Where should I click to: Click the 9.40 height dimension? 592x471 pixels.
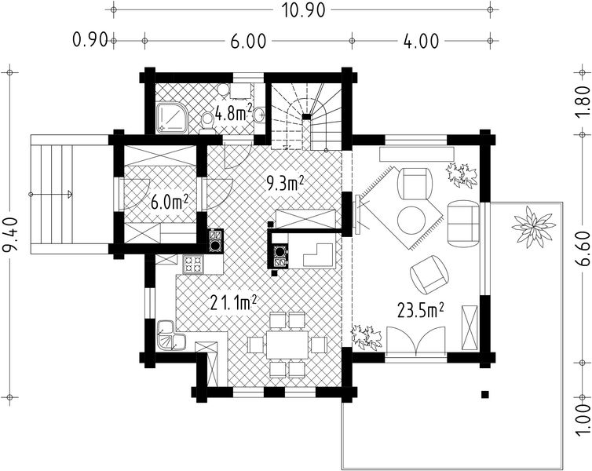tap(11, 235)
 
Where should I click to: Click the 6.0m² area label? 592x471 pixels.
tap(170, 201)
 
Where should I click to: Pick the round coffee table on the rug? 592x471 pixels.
tap(412, 219)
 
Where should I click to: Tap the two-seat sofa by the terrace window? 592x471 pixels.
tap(463, 221)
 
